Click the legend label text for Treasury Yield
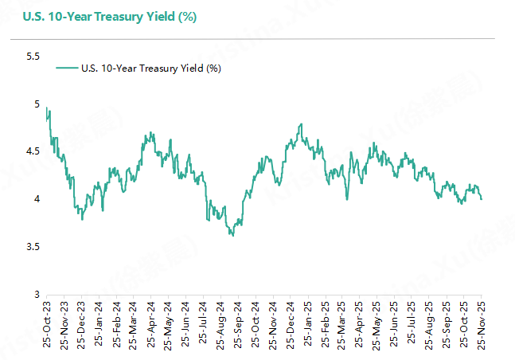(151, 68)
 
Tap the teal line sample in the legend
(67, 68)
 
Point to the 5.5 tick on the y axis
(33, 57)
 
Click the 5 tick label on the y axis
(36, 104)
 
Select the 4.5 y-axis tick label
(33, 151)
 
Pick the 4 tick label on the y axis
(36, 199)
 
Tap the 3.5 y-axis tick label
(33, 247)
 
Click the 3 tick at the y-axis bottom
(36, 295)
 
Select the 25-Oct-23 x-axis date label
(48, 324)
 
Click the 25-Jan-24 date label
(99, 324)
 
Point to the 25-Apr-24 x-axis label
(151, 324)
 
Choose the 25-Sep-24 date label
(238, 324)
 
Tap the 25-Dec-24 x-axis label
(291, 324)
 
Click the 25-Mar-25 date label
(342, 324)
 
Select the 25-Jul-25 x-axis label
(412, 324)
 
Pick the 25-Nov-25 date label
(481, 324)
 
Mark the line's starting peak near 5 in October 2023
(47, 108)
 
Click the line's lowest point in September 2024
(232, 236)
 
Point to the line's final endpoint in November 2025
(482, 199)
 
